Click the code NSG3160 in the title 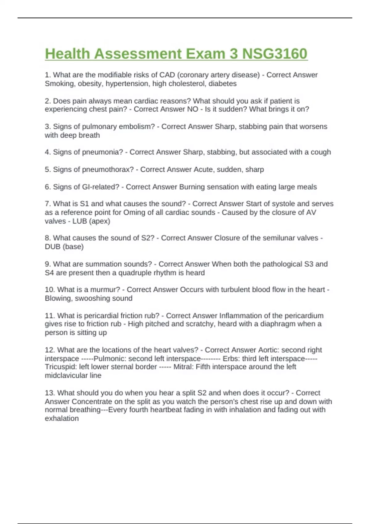click(275, 54)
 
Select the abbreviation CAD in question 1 click(167, 75)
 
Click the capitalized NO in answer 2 click(193, 109)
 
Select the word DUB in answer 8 click(53, 247)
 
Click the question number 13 click(50, 393)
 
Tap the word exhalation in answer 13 click(62, 419)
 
